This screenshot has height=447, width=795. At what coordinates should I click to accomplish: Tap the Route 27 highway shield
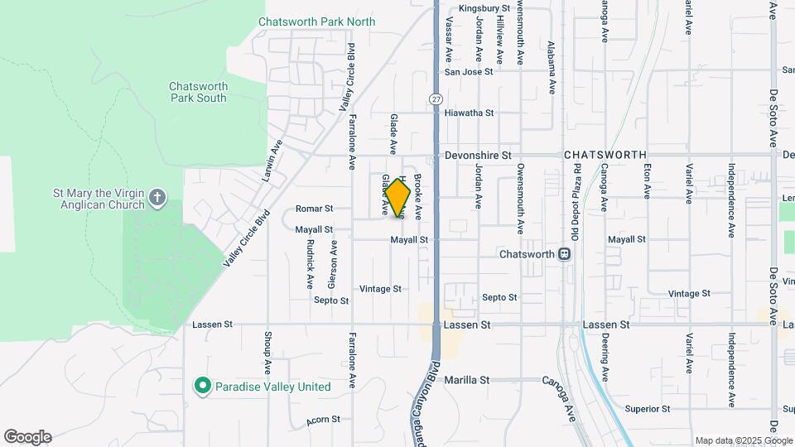click(x=436, y=99)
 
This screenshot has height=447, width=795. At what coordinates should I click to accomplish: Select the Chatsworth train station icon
click(x=565, y=254)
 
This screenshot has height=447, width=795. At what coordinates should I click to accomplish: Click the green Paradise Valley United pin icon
click(x=201, y=387)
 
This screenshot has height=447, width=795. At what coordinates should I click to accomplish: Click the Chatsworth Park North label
click(x=316, y=22)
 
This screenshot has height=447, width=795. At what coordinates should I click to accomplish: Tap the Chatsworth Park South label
click(x=198, y=92)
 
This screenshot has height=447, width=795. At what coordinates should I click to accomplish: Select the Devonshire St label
click(x=478, y=155)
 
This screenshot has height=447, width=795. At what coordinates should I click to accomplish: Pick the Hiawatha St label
click(x=469, y=113)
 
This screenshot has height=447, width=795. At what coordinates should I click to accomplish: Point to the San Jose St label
click(x=469, y=72)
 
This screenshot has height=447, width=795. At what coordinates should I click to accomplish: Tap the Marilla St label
click(x=467, y=380)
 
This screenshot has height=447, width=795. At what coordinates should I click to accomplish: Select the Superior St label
click(x=648, y=409)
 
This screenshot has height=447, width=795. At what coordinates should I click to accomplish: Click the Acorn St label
click(x=323, y=421)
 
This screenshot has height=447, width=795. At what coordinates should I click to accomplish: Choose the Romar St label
click(x=314, y=209)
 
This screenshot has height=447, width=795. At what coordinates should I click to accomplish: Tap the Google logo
click(x=27, y=437)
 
